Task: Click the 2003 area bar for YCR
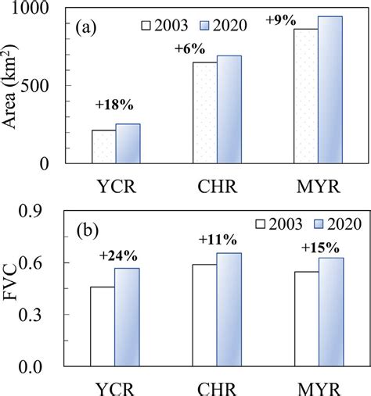103,147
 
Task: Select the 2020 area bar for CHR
229,109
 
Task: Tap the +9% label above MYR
279,21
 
